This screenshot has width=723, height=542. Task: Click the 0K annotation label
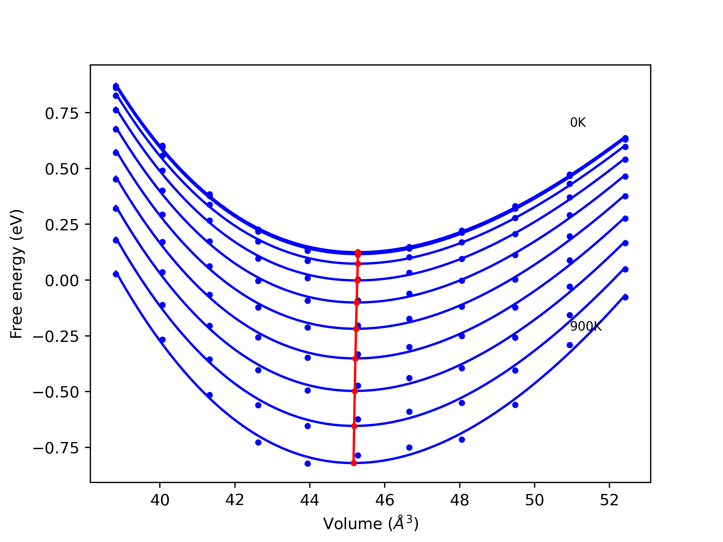coord(578,123)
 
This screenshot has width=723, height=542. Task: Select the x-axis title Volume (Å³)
coord(371,524)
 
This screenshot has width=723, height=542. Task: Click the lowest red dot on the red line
coord(354,463)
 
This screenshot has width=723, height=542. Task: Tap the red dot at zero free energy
coord(357,280)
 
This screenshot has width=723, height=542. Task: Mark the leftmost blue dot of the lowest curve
coord(116,274)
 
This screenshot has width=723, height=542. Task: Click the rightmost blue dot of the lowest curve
coord(625,297)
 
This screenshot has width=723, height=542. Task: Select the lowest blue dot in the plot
coord(308,464)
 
